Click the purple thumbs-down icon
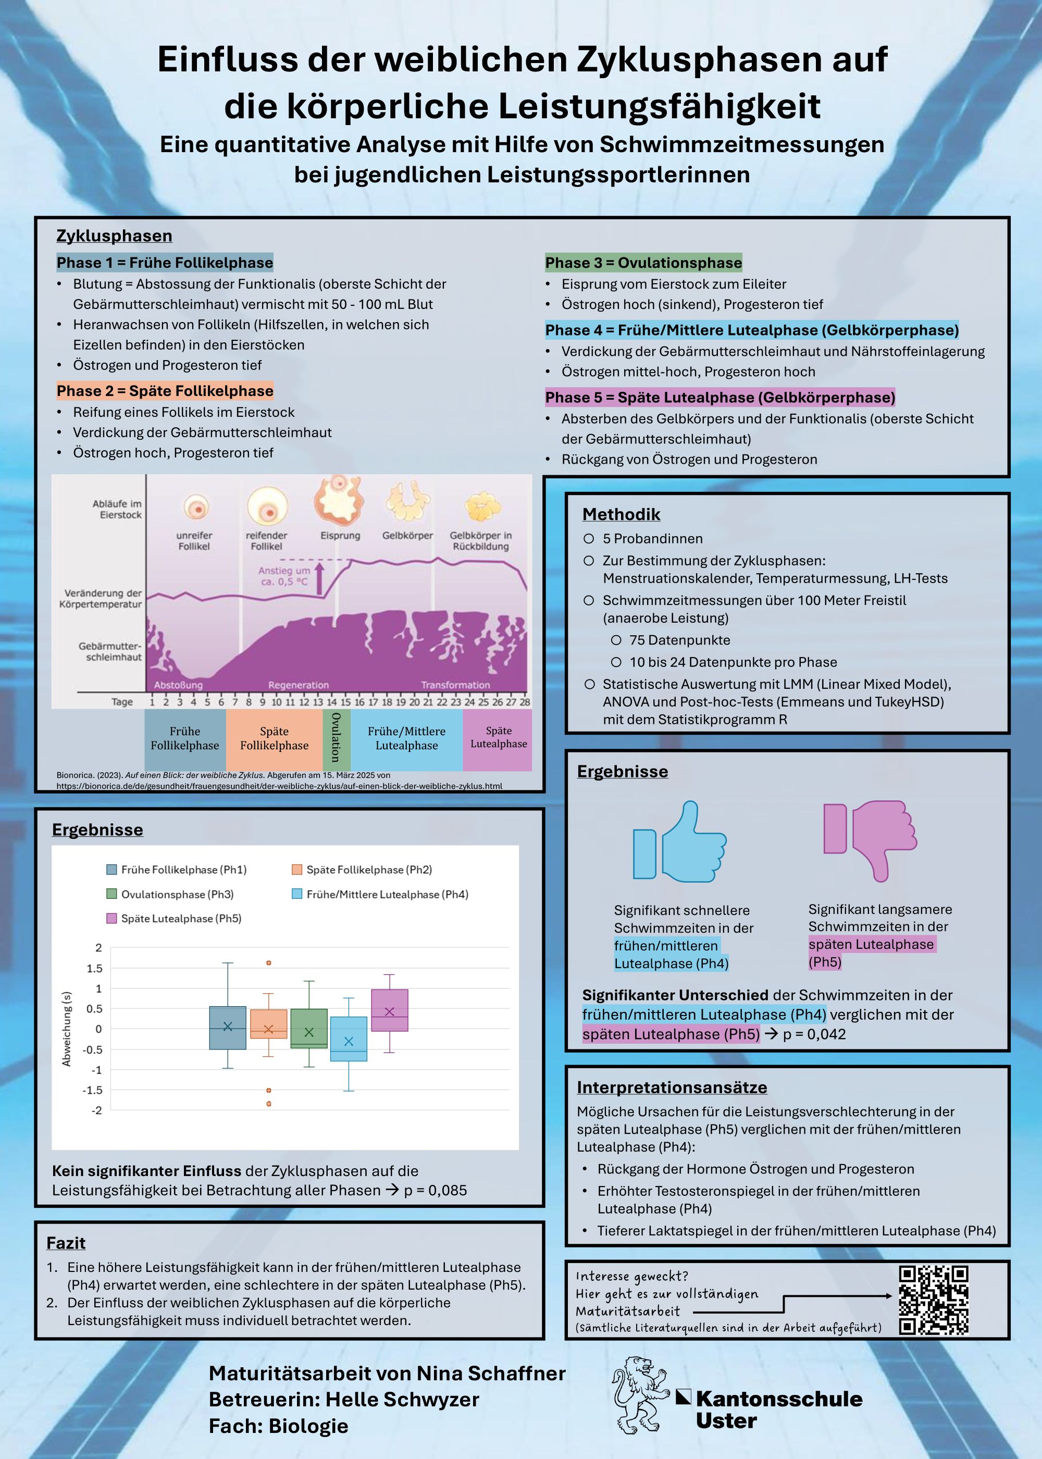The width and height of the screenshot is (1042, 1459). point(870,839)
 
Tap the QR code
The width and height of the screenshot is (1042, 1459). point(933,1300)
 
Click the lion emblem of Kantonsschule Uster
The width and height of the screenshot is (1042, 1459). point(640,1395)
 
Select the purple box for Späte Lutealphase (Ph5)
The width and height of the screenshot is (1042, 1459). point(390,1010)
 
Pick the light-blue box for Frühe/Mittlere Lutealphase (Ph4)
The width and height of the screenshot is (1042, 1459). point(349,1038)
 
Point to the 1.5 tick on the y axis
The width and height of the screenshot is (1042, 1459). point(94,968)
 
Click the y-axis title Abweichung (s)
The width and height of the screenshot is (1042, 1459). point(66,1029)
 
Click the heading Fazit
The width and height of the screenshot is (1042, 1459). point(66,1243)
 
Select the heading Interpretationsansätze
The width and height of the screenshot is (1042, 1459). point(672,1087)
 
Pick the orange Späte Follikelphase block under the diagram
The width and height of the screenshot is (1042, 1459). point(274,739)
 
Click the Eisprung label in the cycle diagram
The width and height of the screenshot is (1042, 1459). point(340,535)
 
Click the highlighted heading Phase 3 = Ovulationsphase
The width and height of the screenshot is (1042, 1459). point(643,263)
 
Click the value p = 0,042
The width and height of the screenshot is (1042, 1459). point(814,1034)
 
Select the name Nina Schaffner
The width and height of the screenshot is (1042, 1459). point(491,1373)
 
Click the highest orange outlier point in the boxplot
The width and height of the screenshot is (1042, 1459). point(269,963)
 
